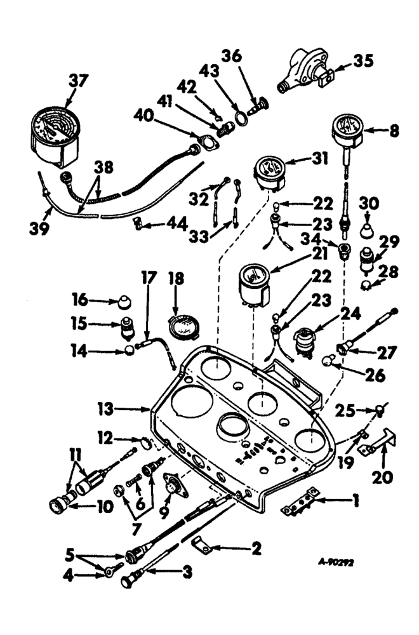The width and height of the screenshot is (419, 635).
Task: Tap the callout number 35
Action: coord(364,62)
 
